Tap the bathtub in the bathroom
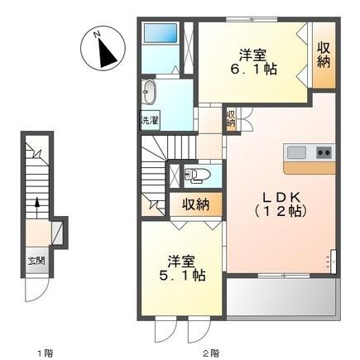coord(161,33)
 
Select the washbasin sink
coord(149,92)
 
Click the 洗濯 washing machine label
coord(150,120)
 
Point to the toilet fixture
coord(197,175)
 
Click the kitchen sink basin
coord(296,152)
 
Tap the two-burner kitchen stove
coord(324,152)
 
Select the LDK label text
coord(281,198)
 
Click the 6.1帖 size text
coord(253,69)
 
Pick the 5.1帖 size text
coord(182,275)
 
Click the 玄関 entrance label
coord(36,261)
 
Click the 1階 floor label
coord(45,353)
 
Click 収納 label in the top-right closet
coord(324,55)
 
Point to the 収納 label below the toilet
coord(195,204)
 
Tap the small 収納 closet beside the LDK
coord(231,119)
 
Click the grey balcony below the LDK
coord(283,299)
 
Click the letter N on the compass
coord(97,34)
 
